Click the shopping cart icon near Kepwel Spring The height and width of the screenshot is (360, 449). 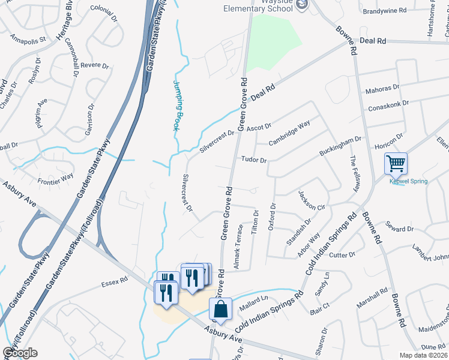click(396, 163)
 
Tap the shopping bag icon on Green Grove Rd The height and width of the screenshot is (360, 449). click(220, 309)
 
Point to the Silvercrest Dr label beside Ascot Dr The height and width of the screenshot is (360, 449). click(217, 142)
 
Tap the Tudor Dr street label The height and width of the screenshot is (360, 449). click(253, 160)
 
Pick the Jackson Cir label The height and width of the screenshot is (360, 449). click(312, 200)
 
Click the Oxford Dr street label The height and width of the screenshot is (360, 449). click(273, 214)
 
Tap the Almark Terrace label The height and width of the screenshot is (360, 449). click(240, 247)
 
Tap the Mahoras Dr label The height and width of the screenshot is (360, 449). click(382, 89)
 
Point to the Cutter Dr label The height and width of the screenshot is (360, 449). click(342, 255)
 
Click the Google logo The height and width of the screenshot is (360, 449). click(19, 352)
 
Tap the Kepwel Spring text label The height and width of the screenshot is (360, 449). click(408, 181)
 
